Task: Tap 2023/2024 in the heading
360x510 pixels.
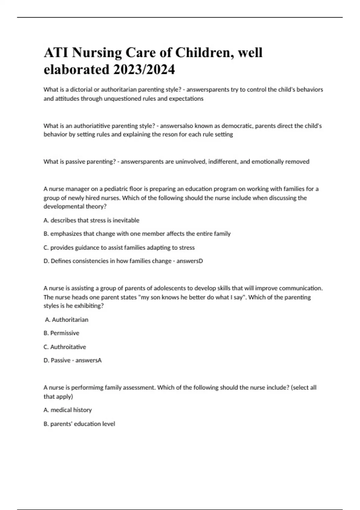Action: [144, 70]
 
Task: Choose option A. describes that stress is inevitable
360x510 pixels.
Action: [91, 220]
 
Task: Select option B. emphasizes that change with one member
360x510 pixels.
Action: [137, 234]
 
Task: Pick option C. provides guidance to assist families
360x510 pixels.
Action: [119, 247]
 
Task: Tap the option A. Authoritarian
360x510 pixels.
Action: [67, 320]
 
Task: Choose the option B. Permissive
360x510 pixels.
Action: [61, 333]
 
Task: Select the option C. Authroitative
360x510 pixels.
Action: [65, 347]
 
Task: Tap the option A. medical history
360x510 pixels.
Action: [68, 410]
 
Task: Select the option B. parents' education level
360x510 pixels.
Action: [79, 424]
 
